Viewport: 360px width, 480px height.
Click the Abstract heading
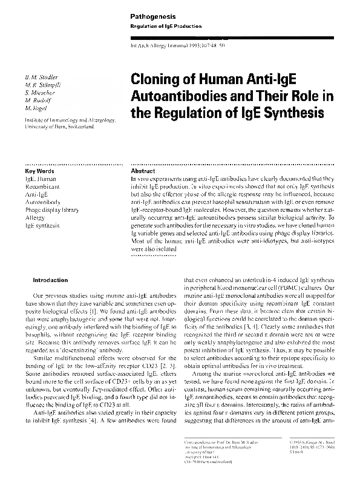143,171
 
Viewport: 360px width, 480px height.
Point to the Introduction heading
50,280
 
